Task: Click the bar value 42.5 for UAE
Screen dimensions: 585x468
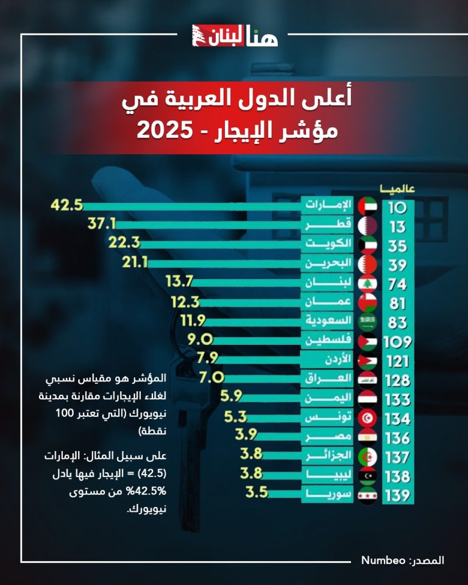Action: [x=66, y=206]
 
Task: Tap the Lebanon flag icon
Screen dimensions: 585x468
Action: [x=368, y=283]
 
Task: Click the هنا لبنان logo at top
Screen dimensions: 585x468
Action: [x=235, y=37]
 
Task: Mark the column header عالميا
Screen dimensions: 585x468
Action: [x=397, y=188]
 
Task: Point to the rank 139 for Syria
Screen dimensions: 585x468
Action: [x=399, y=495]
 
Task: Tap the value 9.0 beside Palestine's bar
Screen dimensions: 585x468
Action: [x=201, y=339]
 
